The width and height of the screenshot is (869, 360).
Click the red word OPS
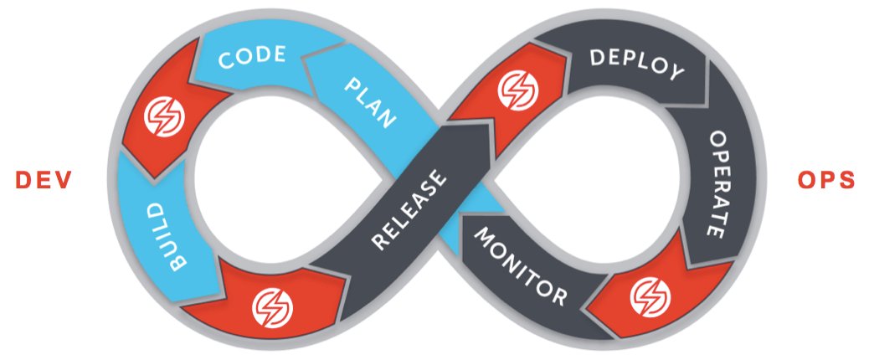pyautogui.click(x=826, y=180)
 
